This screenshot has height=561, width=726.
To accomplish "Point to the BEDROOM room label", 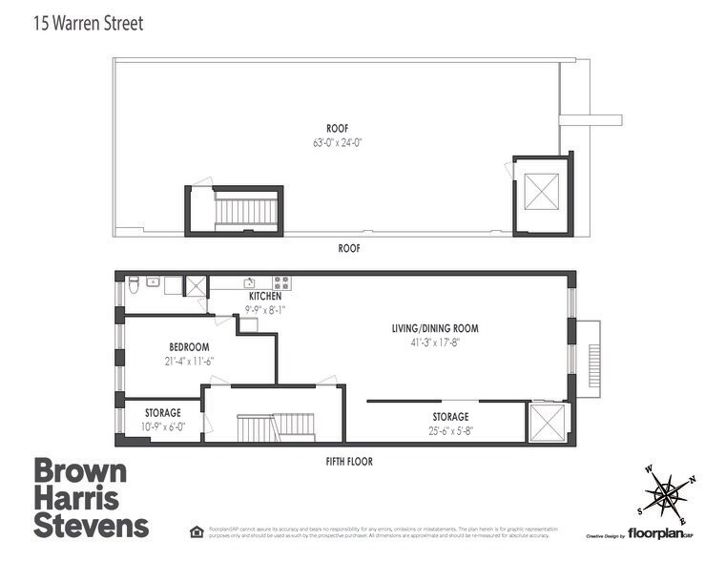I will (189, 347).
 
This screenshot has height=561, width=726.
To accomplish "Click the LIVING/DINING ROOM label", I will (434, 328).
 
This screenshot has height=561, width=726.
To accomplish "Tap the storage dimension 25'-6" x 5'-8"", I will (450, 430).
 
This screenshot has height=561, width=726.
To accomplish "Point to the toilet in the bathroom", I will (134, 283).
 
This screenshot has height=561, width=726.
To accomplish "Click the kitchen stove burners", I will (281, 282).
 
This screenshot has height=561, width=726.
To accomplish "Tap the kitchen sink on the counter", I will (248, 282).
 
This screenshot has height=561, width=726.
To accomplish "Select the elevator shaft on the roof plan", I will (541, 196).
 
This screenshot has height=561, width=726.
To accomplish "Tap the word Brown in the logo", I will (80, 471).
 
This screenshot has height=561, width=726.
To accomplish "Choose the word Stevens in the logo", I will (92, 524).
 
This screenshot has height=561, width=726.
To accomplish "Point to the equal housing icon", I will (197, 530).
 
